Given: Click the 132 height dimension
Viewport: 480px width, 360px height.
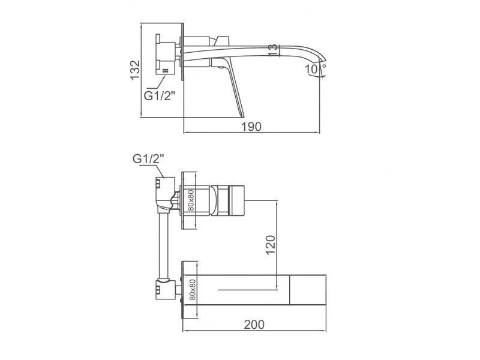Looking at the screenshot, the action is tap(135, 70).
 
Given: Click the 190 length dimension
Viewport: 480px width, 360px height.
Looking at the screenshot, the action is tap(251, 127).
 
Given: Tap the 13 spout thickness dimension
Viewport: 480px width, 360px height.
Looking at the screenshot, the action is tap(275, 50).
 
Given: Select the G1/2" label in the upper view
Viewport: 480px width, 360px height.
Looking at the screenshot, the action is tap(159, 96).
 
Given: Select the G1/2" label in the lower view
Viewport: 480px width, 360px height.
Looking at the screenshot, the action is tap(148, 159).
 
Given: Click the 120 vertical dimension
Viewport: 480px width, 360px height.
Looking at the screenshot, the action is tap(271, 245).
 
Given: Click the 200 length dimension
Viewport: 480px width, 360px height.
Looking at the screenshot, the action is tap(254, 325).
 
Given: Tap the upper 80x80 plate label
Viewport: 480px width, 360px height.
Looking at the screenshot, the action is tap(191, 200).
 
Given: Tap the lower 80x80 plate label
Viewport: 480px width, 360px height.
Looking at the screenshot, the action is tap(192, 290).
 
